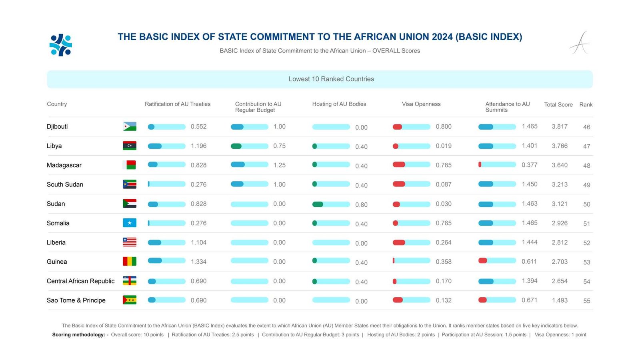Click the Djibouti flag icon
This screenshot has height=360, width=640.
point(130,126)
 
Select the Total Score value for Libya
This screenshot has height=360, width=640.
point(560,146)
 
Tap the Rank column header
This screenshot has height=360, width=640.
point(586,104)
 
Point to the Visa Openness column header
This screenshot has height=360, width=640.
point(421,104)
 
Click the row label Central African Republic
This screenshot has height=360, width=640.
point(80,281)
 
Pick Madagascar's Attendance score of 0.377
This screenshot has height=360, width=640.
point(529,165)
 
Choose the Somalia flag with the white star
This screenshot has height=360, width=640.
point(130,223)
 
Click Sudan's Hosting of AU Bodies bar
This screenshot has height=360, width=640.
point(331,204)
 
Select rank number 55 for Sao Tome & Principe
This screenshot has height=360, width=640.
point(586,301)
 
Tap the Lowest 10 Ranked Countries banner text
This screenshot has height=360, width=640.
point(331,79)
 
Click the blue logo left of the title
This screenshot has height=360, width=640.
point(61,45)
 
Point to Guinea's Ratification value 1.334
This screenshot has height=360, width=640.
point(198,262)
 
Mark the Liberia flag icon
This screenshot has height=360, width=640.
point(130,242)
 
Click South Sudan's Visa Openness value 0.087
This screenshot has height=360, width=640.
point(444,184)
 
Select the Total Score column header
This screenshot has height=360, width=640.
point(558,104)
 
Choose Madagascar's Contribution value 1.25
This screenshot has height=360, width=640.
point(279,165)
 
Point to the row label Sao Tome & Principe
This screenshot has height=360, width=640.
point(76,300)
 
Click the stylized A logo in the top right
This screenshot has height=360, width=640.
point(580,43)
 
